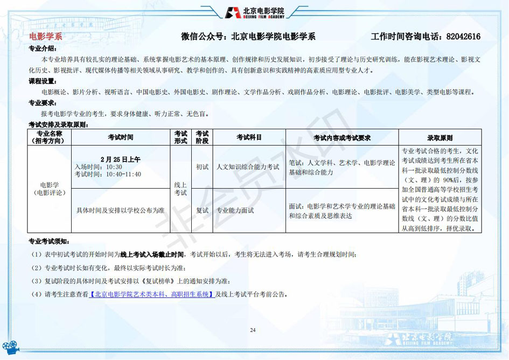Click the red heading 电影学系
(x=46, y=37)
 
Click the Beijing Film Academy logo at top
(x=254, y=12)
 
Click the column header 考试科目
(x=249, y=137)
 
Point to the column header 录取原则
(x=440, y=137)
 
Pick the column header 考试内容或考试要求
(x=342, y=137)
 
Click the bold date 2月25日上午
(x=121, y=159)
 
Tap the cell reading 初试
(x=202, y=167)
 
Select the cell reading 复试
(x=202, y=210)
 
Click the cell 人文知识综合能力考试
(x=248, y=167)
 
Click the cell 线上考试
(x=180, y=189)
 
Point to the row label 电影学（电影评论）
(x=50, y=189)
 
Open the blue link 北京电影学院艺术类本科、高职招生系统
(x=152, y=294)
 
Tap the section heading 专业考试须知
(x=49, y=241)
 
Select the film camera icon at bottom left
(x=11, y=348)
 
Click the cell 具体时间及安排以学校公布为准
(x=121, y=210)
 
